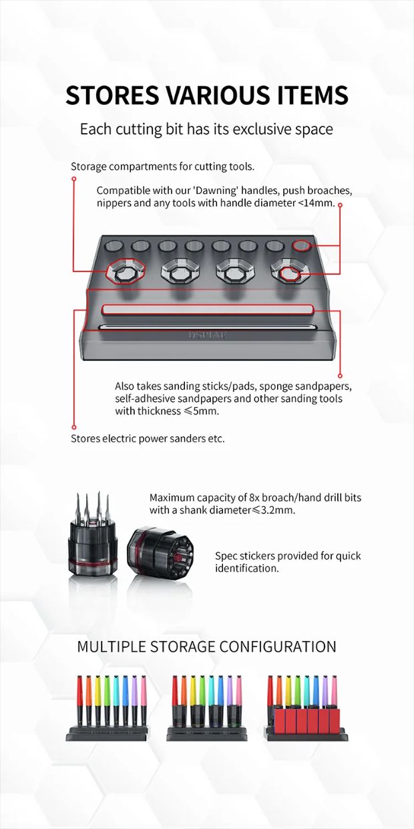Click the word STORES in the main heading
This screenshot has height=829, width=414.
[114, 95]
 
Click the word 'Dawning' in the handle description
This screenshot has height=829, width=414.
[216, 191]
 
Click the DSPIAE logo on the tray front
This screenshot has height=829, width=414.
[208, 336]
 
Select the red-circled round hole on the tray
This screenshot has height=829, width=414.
[302, 245]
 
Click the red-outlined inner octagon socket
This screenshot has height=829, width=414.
[290, 274]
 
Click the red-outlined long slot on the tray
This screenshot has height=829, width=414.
[208, 310]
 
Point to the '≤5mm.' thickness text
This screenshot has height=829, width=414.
[201, 411]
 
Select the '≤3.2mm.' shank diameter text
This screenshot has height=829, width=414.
[274, 510]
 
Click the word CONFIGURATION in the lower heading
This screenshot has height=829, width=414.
[278, 646]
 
